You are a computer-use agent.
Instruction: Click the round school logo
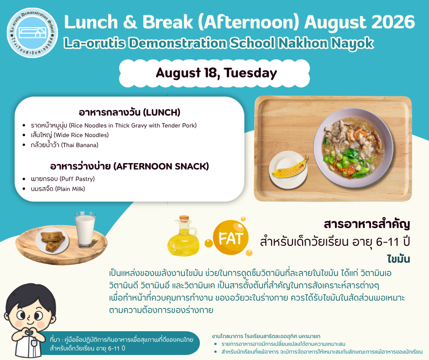tap(32, 32)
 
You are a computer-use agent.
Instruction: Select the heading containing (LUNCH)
tap(130, 112)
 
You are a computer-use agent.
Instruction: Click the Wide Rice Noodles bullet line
tap(70, 135)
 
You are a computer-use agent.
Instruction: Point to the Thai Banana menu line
tap(64, 145)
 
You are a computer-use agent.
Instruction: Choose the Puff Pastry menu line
tap(63, 179)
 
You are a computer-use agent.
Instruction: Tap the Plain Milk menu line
tap(58, 189)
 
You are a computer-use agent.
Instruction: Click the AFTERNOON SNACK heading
tap(130, 166)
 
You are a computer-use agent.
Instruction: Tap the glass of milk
tap(85, 229)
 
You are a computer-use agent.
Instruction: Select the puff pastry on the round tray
tap(53, 241)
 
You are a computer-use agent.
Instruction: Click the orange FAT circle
tap(230, 238)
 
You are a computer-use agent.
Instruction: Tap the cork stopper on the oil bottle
tap(184, 218)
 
